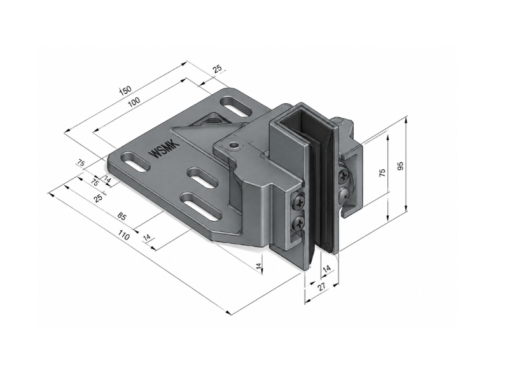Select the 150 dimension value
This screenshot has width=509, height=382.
[125, 90]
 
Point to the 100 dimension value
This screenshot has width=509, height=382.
[134, 102]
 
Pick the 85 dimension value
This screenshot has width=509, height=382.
[122, 216]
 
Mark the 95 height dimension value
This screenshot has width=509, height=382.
[401, 166]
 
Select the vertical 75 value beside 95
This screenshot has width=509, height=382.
[383, 173]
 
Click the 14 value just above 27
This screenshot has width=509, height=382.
[327, 268]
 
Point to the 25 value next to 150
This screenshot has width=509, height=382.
[217, 69]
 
